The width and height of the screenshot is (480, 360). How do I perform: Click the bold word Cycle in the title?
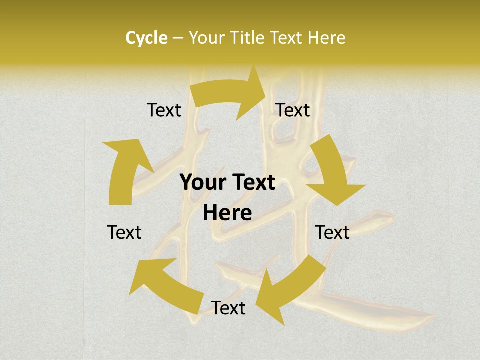pos(146,38)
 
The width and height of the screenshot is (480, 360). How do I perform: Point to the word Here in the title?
pos(326,38)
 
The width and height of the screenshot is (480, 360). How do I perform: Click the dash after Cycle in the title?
pos(178,38)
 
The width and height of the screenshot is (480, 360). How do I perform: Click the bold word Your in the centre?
pos(203,183)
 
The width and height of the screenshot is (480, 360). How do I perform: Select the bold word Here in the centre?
pos(227,213)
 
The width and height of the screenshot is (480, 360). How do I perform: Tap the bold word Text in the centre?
pos(253,183)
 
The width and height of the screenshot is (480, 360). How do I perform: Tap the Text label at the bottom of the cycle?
pos(228,308)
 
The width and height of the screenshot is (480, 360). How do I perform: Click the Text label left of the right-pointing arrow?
pos(164,110)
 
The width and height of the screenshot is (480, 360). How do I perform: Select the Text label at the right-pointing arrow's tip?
pos(293,110)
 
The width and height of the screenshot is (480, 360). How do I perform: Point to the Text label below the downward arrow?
pos(332,232)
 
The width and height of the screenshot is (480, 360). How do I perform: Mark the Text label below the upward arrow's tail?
pos(124,232)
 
